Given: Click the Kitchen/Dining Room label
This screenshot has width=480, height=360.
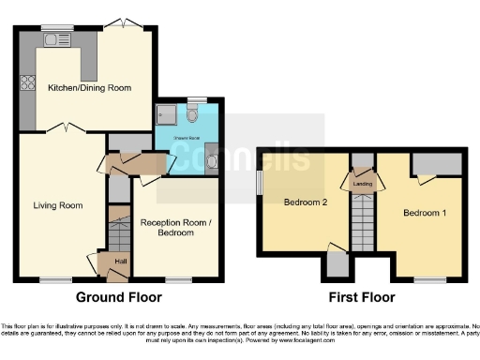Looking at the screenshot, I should (x=89, y=87).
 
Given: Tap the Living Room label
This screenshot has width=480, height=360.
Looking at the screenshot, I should (x=58, y=205).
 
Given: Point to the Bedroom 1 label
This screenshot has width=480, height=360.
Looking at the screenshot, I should (x=424, y=213).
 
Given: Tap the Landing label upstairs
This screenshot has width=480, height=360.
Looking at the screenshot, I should (x=362, y=185).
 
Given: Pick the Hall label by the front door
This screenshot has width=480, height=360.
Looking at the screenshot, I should (x=120, y=262).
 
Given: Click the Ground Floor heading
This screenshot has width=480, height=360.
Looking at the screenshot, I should (x=118, y=297).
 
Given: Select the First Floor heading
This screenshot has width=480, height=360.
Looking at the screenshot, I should (x=361, y=297).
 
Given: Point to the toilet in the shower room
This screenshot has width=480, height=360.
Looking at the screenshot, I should (x=192, y=114).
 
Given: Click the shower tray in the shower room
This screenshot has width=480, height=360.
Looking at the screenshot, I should (x=167, y=115).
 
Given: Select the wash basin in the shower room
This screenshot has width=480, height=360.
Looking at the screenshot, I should (x=211, y=161).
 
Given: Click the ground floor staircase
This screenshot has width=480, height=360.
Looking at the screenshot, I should (x=119, y=229).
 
